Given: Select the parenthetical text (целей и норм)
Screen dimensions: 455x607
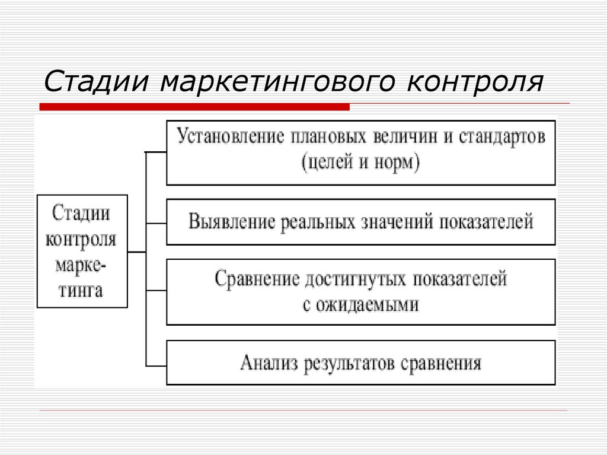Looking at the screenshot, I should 360,162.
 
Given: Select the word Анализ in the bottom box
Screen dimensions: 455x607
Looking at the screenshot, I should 267,362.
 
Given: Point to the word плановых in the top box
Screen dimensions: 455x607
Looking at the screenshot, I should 328,137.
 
